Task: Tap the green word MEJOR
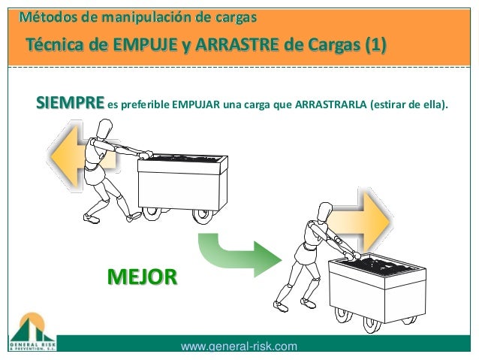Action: point(142,277)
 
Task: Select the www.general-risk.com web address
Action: point(239,346)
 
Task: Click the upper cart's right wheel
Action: point(201,214)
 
